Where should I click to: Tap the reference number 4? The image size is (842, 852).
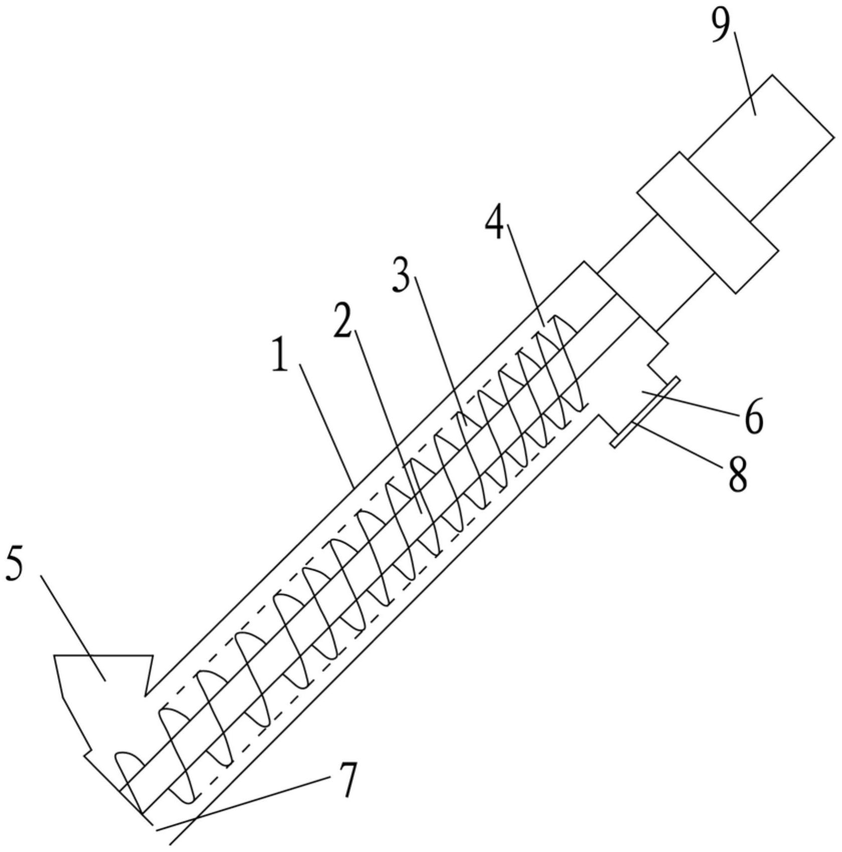click(x=495, y=223)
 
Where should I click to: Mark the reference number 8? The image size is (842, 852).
click(x=737, y=474)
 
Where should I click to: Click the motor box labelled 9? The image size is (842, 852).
click(x=762, y=148)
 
